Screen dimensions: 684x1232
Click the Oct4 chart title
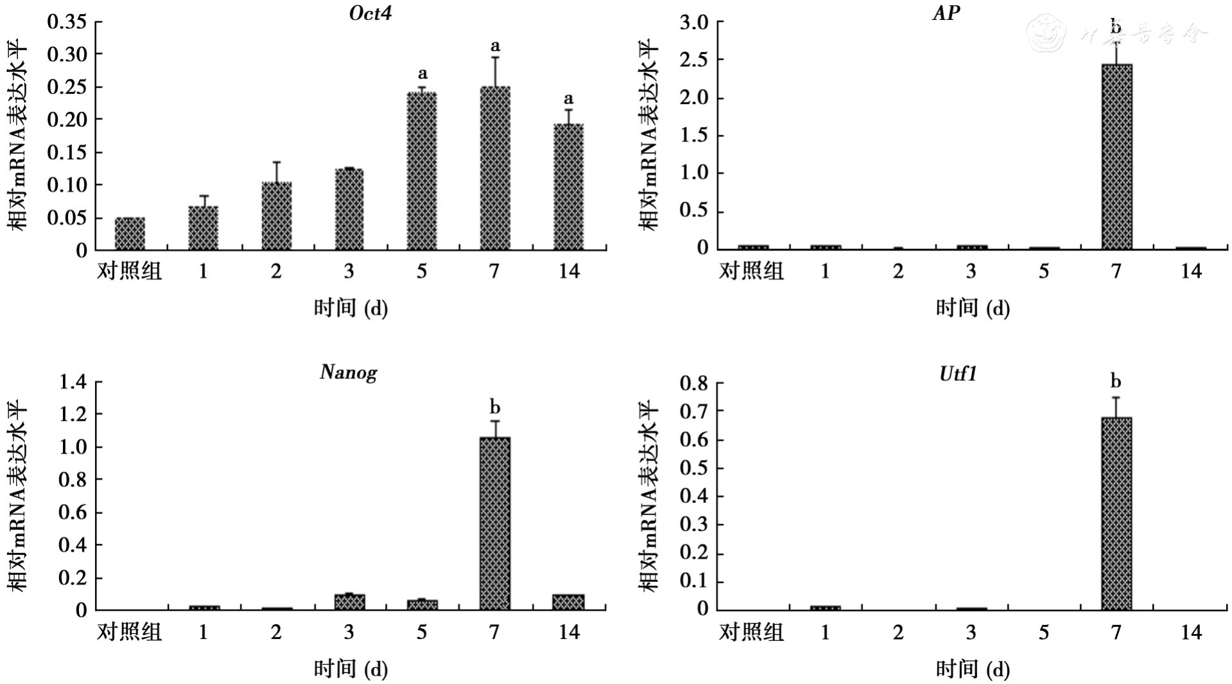point(370,13)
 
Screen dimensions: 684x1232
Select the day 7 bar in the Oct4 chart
point(495,168)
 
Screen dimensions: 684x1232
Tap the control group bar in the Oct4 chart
point(130,234)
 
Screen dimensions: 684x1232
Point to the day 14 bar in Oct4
point(568,186)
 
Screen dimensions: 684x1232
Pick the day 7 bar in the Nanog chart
point(495,523)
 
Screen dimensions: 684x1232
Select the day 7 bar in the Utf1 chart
point(1116,513)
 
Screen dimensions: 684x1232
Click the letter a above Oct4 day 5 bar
point(422,73)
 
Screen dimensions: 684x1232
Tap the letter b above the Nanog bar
point(494,407)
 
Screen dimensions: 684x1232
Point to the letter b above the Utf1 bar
point(1116,381)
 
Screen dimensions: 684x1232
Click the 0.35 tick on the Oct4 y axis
point(67,22)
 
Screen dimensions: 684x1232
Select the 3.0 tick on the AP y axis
point(694,22)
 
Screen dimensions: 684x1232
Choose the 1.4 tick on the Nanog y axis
point(72,382)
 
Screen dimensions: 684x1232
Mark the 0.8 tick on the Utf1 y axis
point(694,383)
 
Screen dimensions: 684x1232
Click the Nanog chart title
point(349,373)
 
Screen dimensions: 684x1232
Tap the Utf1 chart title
point(958,374)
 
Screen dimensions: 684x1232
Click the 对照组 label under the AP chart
point(751,271)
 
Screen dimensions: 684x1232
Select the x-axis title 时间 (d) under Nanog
point(351,669)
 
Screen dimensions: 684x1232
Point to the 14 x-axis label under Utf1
point(1190,633)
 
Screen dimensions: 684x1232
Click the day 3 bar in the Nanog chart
point(349,602)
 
